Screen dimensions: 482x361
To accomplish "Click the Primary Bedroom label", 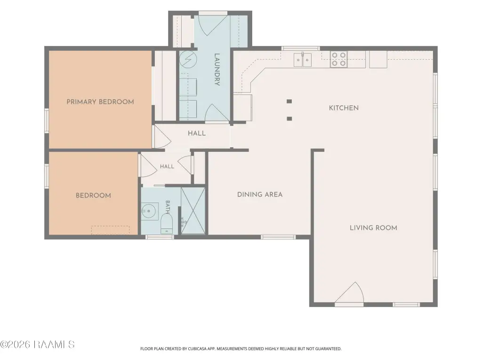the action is [100, 102].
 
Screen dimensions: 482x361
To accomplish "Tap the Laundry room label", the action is [217, 70].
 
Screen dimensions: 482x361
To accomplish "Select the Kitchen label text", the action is [344, 108].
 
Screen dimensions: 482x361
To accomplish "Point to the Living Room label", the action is [373, 228].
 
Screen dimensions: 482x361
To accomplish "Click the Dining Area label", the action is [260, 194].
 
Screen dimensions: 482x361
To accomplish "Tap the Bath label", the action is [168, 207].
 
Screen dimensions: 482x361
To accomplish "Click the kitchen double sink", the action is [303, 60].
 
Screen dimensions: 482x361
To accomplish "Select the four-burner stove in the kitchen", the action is [339, 59].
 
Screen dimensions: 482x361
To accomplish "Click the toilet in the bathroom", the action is [167, 223].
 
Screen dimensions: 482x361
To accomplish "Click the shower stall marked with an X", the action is [193, 211].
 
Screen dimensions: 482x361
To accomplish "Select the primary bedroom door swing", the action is [162, 136].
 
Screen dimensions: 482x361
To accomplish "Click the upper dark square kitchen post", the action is [289, 102].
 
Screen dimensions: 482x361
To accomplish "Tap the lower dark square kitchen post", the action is [289, 118].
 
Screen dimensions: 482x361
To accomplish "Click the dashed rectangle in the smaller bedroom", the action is [110, 230].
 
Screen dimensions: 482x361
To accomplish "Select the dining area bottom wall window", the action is [278, 237].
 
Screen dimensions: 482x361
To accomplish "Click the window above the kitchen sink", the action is [301, 48].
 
